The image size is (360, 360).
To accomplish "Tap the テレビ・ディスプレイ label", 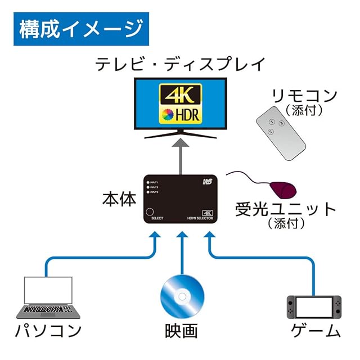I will tap(179, 64).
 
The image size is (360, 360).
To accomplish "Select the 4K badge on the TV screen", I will tap(180, 93).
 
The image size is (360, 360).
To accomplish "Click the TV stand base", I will tap(180, 134).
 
